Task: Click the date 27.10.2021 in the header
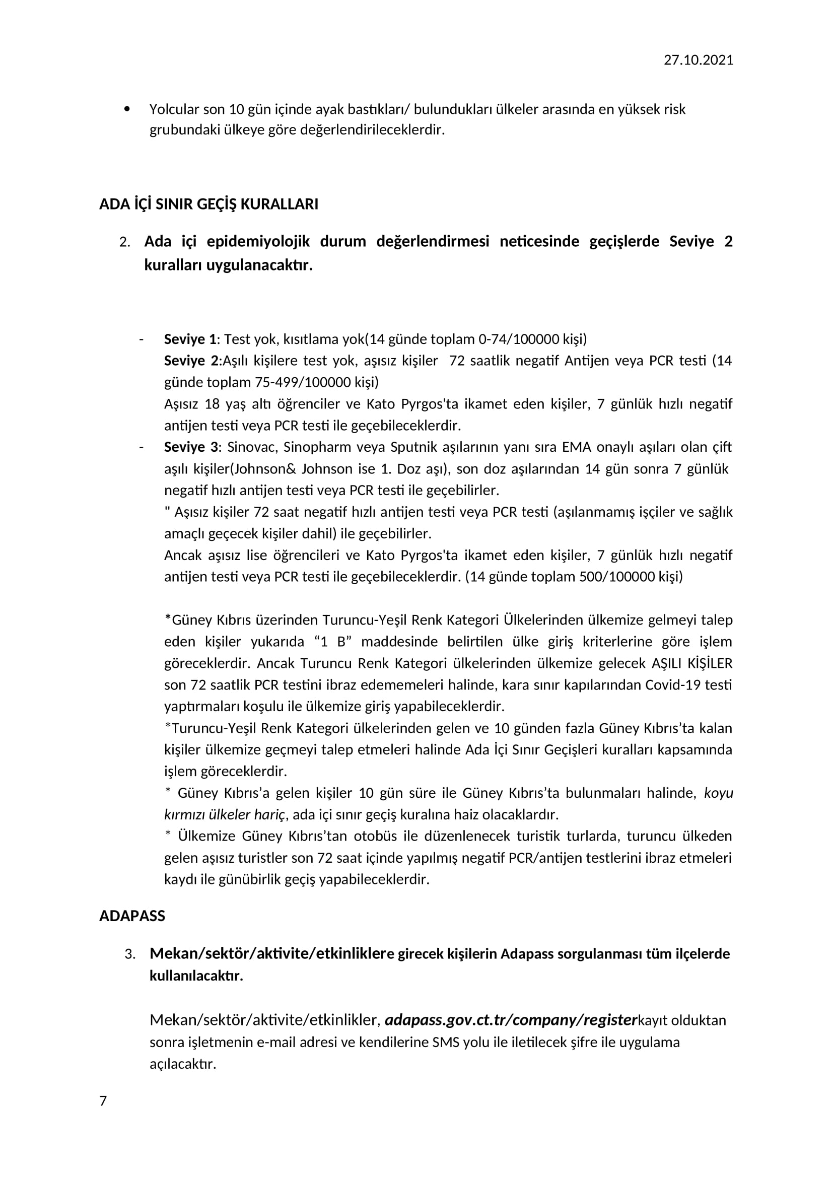(698, 60)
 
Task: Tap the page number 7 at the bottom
(103, 1100)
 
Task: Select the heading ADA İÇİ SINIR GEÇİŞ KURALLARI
(209, 204)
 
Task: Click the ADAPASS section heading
(132, 916)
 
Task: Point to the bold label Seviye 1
(190, 339)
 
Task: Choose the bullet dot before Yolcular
(127, 109)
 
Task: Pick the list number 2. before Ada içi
(124, 242)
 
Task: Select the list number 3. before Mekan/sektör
(130, 954)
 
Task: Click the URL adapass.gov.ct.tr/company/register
(510, 1020)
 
